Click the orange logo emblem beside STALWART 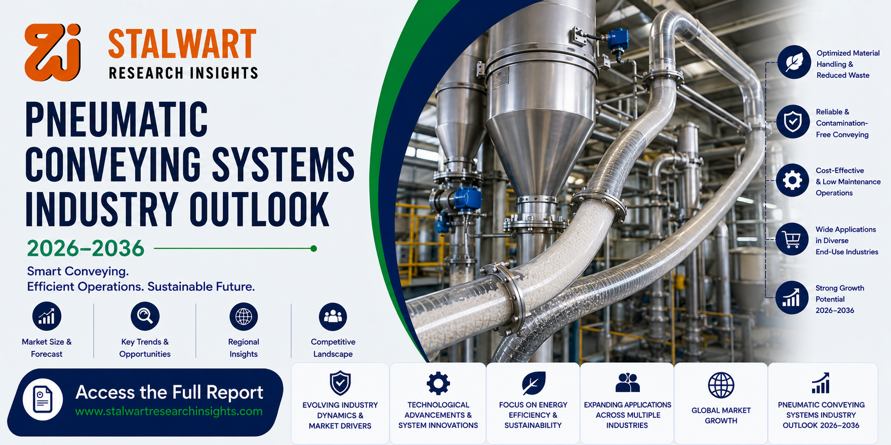coord(52,52)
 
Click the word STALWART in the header coord(182,44)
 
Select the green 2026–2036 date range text coord(85,248)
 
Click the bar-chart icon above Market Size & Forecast coord(47,317)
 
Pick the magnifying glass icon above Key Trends coord(145,316)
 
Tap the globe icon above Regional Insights coord(244,317)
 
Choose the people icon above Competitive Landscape coord(333,317)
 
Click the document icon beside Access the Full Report coord(43,399)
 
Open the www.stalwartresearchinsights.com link coord(169,411)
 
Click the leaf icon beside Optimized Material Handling coord(794,62)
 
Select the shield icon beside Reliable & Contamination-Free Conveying coord(793,121)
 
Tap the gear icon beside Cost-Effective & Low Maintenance coord(793,180)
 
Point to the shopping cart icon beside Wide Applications coord(792,239)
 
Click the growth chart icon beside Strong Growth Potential coord(792,298)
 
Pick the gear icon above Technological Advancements coord(438,383)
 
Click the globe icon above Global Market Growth coord(721,385)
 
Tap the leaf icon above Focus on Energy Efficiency coord(533,383)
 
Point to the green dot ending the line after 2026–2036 coord(314,248)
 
